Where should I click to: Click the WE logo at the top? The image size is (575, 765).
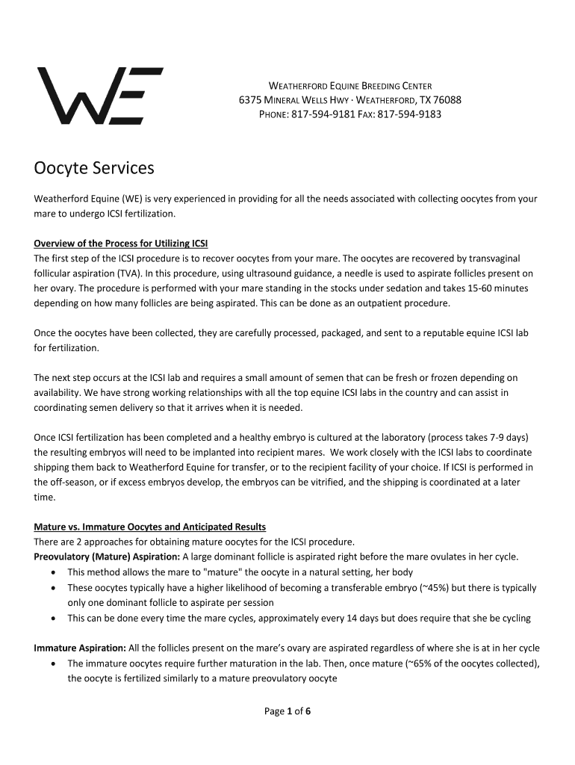tap(100, 96)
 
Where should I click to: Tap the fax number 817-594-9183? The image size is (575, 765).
tap(409, 114)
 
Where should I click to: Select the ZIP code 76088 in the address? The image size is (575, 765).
tap(447, 100)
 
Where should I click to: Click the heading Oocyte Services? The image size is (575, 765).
tap(94, 168)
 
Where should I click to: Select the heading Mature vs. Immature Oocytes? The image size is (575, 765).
tap(149, 527)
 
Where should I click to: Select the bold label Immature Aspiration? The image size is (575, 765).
tap(80, 648)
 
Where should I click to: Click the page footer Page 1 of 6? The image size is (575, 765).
tap(287, 711)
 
